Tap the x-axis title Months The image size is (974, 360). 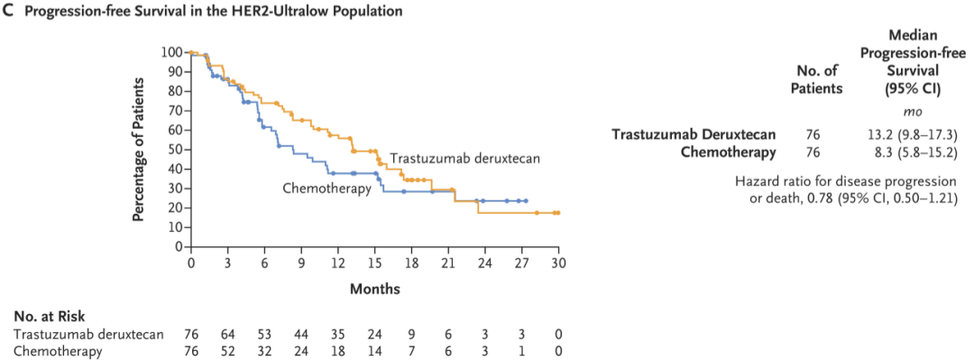coord(374,289)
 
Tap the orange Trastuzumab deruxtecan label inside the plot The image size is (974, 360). coord(464,159)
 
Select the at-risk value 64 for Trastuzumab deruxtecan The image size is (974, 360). coord(227,335)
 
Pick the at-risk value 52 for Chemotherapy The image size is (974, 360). coord(227,352)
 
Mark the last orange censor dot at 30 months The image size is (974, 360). coord(558,213)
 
